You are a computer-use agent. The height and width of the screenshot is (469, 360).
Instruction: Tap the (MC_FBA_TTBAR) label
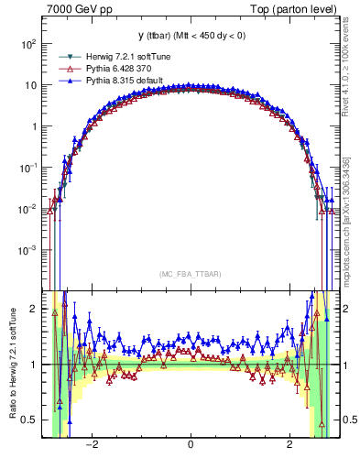point(190,275)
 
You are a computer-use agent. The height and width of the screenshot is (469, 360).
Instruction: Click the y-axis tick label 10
point(29,85)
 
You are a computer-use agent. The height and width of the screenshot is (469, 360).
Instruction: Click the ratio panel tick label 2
point(33,309)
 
